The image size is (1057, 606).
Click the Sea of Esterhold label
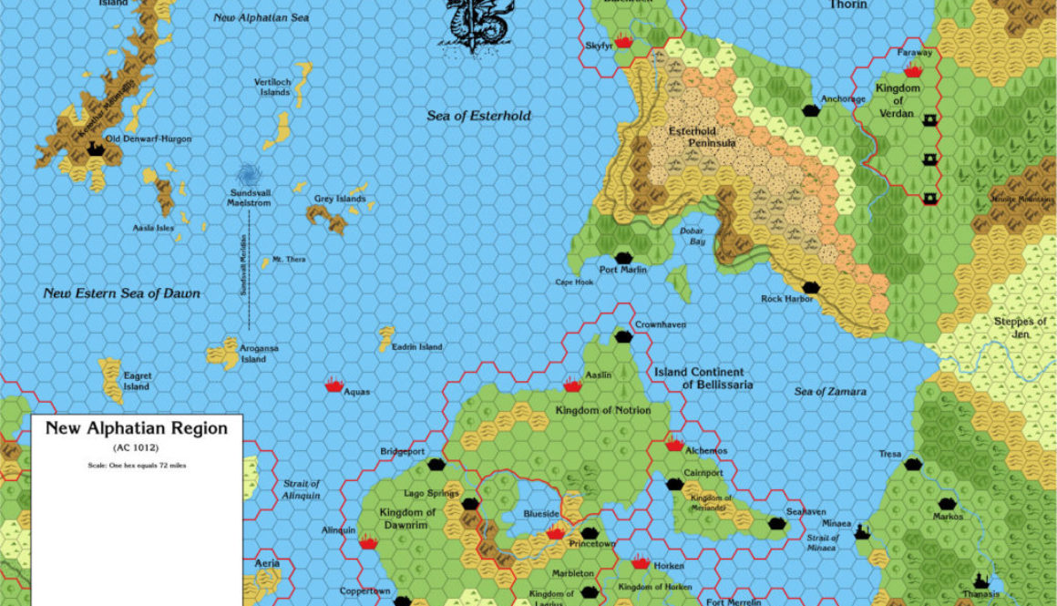coord(478,116)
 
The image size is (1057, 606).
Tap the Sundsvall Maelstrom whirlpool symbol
coord(247,175)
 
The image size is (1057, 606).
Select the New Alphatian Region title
coord(137,428)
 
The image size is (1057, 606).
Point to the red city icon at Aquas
coord(334,385)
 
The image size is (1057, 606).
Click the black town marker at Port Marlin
coord(623,258)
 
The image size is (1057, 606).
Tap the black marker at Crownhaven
coord(623,336)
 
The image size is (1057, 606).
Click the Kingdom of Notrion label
coord(603,410)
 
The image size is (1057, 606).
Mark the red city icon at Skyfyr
coord(624,41)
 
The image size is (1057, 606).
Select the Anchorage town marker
coord(810,110)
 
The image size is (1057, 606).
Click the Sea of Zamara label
coord(829,391)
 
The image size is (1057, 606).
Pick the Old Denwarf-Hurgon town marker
coord(96,149)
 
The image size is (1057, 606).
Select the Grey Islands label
coord(339,199)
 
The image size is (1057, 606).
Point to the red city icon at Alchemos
coord(674,444)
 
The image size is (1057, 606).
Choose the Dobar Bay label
coord(693,235)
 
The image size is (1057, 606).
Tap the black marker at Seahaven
coord(776,523)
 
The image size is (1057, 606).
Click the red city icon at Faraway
coord(913,70)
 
